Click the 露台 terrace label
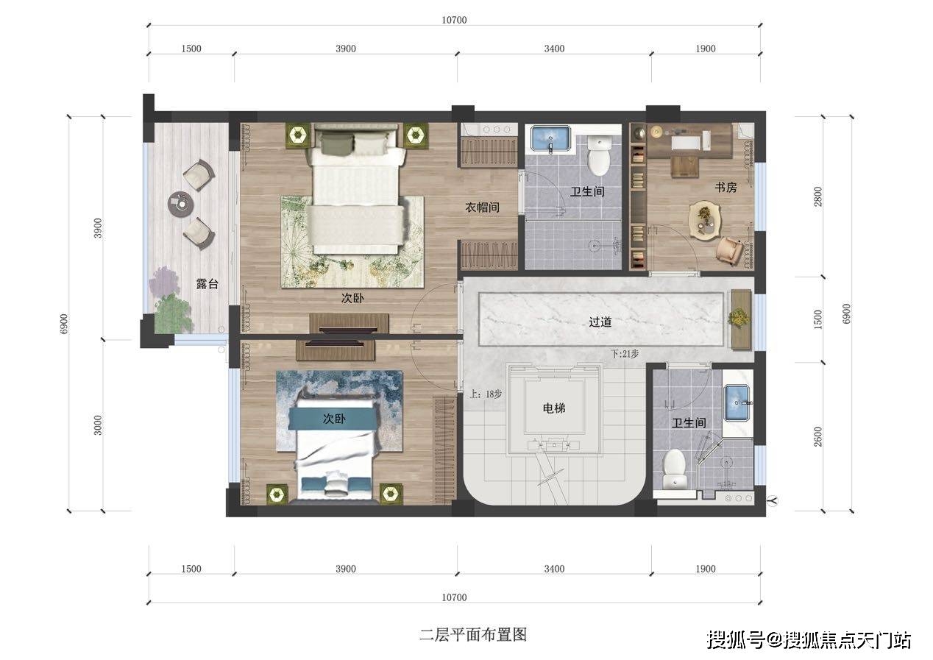(x=207, y=284)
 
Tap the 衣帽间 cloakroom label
(x=482, y=207)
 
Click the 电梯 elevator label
(x=554, y=408)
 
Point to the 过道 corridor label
(x=600, y=322)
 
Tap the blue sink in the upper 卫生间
(x=550, y=140)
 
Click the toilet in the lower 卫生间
(x=674, y=469)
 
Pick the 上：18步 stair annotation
(x=486, y=394)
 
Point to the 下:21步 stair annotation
(x=625, y=354)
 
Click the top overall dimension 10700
(x=454, y=20)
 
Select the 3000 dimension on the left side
(x=99, y=425)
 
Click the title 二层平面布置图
(x=473, y=634)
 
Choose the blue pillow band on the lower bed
(x=333, y=418)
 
